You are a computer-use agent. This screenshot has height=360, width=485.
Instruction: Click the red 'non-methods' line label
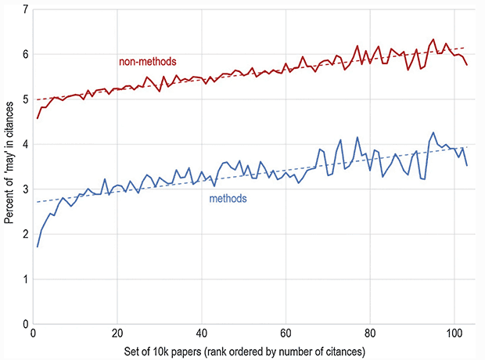[147, 62]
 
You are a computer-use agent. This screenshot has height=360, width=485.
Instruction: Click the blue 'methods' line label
[228, 199]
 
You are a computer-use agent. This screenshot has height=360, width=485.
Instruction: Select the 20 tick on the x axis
[117, 334]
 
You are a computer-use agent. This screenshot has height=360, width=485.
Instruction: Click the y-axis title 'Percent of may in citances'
[8, 167]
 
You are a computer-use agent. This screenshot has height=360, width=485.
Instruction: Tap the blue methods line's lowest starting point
[38, 247]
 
